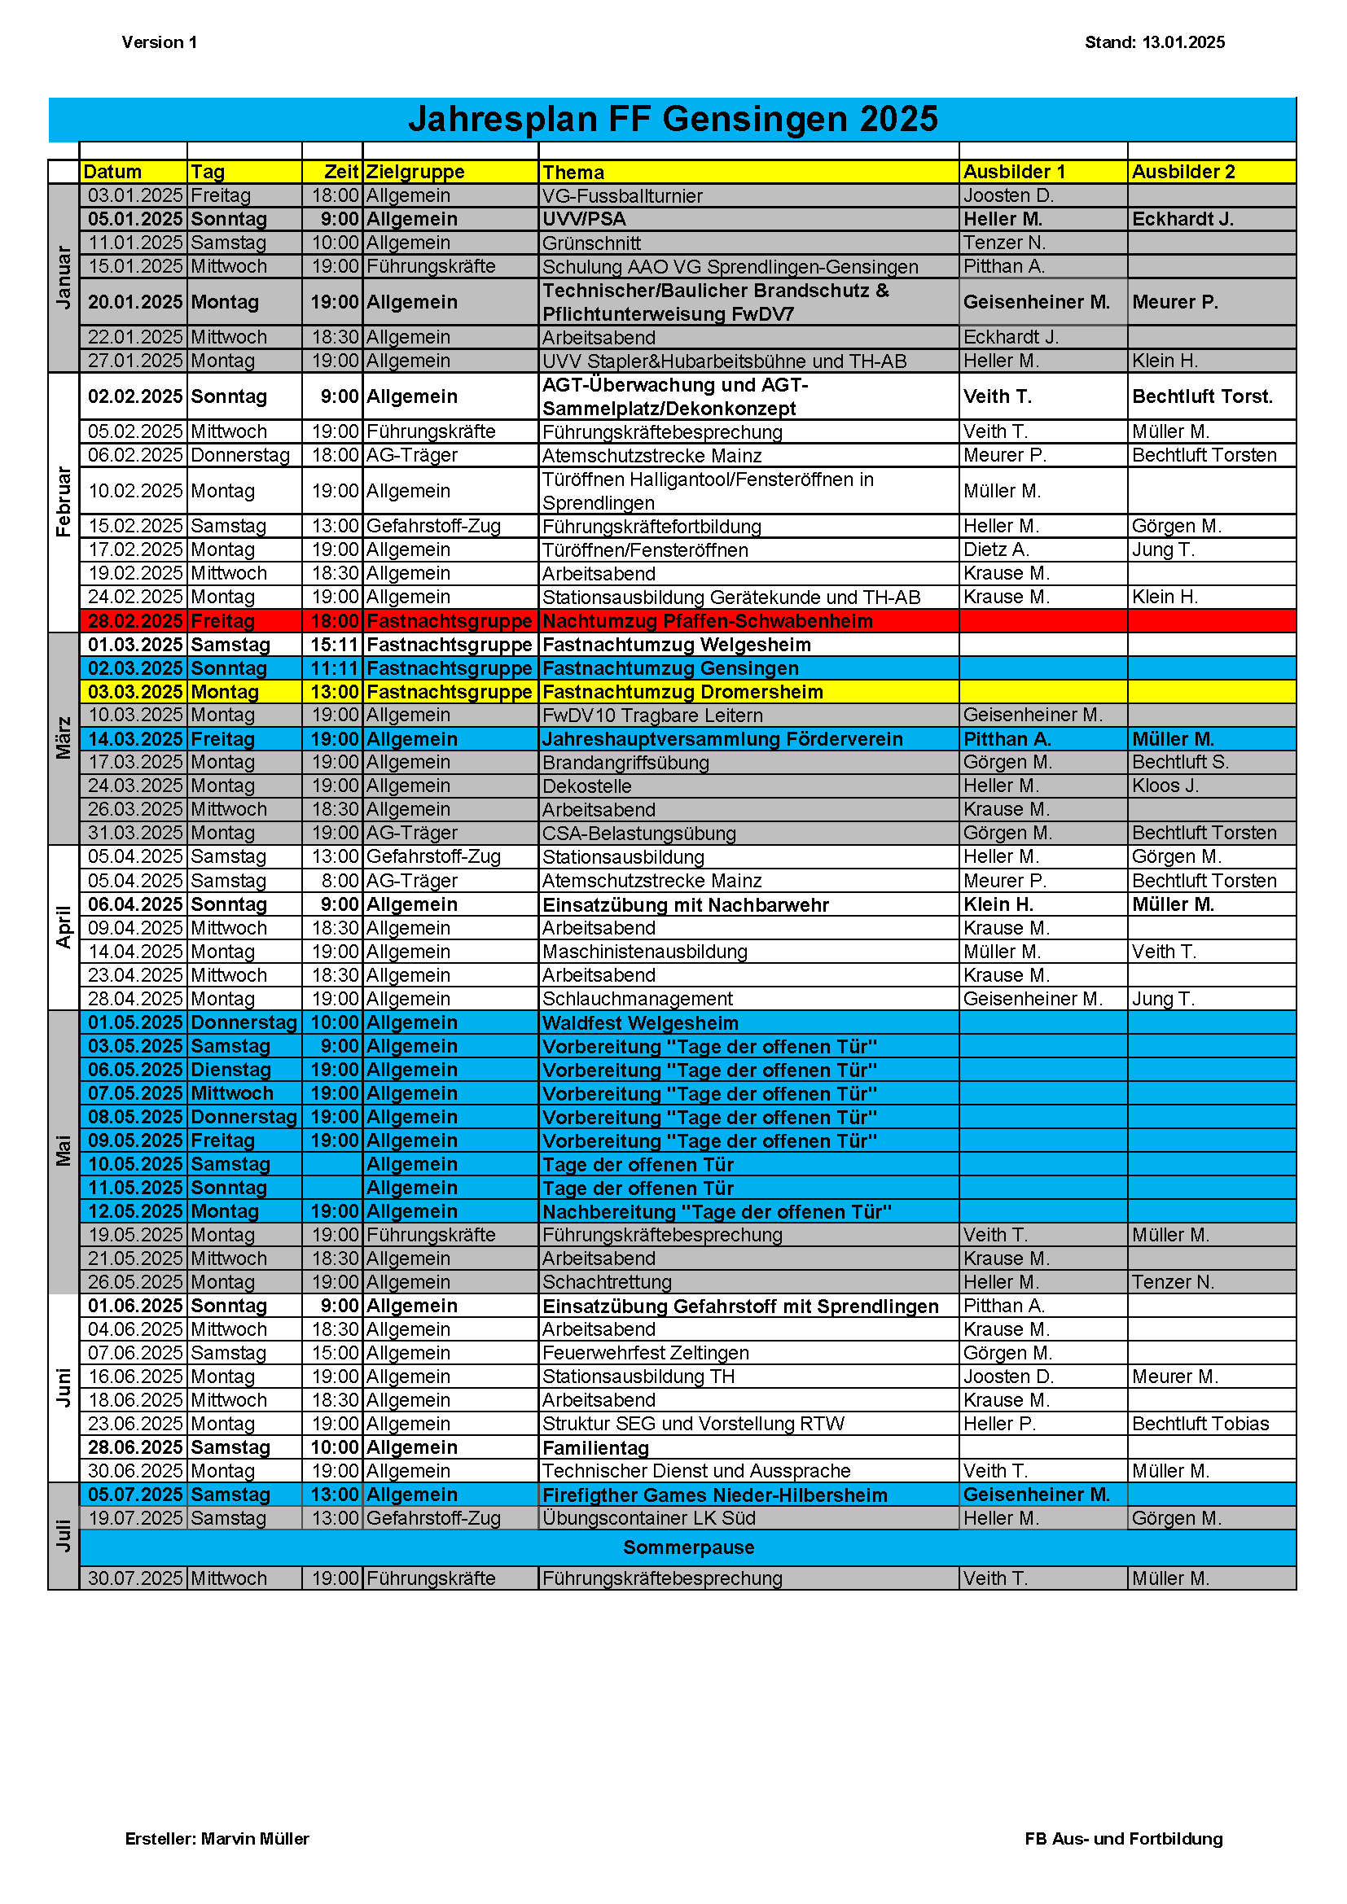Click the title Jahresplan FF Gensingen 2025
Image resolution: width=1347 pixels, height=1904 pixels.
673,120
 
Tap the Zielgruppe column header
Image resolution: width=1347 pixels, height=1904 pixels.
415,172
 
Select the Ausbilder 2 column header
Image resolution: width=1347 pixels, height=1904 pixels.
1182,172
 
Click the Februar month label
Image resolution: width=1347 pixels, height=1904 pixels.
63,501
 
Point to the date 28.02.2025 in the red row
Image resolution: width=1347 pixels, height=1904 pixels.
134,621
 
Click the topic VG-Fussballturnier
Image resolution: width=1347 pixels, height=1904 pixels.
622,195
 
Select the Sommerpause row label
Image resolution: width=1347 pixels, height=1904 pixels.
688,1547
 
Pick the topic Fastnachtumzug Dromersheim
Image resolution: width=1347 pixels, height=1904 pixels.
682,692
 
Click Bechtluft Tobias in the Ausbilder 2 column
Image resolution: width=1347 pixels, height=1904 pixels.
1200,1424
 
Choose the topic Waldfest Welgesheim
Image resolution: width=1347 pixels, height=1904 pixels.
640,1022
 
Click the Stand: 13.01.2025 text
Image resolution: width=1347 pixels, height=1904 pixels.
1154,42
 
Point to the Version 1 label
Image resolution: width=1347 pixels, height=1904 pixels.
160,42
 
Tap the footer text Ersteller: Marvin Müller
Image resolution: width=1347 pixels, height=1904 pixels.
217,1839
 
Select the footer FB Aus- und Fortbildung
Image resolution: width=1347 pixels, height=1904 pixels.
1123,1839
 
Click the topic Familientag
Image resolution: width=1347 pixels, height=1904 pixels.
595,1448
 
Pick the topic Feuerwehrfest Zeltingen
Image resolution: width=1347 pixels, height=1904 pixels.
645,1353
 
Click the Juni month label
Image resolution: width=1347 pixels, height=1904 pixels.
63,1387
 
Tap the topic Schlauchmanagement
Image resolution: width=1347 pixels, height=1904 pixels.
637,999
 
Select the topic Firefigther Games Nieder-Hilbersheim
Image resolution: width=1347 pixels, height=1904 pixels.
714,1495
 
